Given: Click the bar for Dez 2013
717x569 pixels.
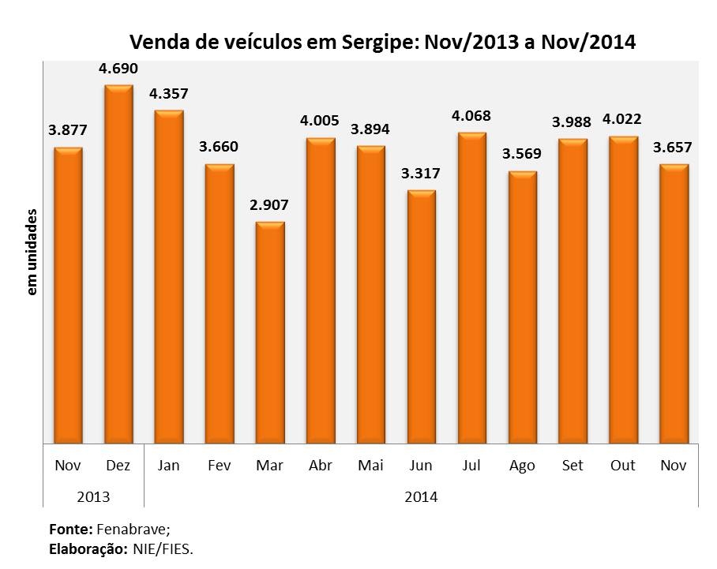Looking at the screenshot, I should pos(118,264).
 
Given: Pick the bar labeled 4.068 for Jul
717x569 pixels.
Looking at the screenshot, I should pos(472,288).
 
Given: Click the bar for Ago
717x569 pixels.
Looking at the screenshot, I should pos(523,308).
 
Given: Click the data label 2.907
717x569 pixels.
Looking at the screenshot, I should pos(270,205).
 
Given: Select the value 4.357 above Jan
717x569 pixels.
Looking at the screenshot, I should pos(169,94).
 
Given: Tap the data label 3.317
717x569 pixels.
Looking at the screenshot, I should pos(422,174).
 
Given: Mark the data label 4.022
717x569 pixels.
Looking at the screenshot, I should pos(623,120).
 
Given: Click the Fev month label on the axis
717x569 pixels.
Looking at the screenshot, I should pos(220,466).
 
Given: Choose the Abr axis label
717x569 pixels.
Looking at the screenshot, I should pos(321,466).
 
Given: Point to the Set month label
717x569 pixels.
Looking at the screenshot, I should pos(572,466).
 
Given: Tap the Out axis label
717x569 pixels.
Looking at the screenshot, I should pos(623,466).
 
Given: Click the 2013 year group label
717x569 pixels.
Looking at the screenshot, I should pos(93,497).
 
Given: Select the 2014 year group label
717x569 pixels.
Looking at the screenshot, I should pos(420,497).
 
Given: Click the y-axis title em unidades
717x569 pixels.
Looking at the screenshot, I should pos(33,253).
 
